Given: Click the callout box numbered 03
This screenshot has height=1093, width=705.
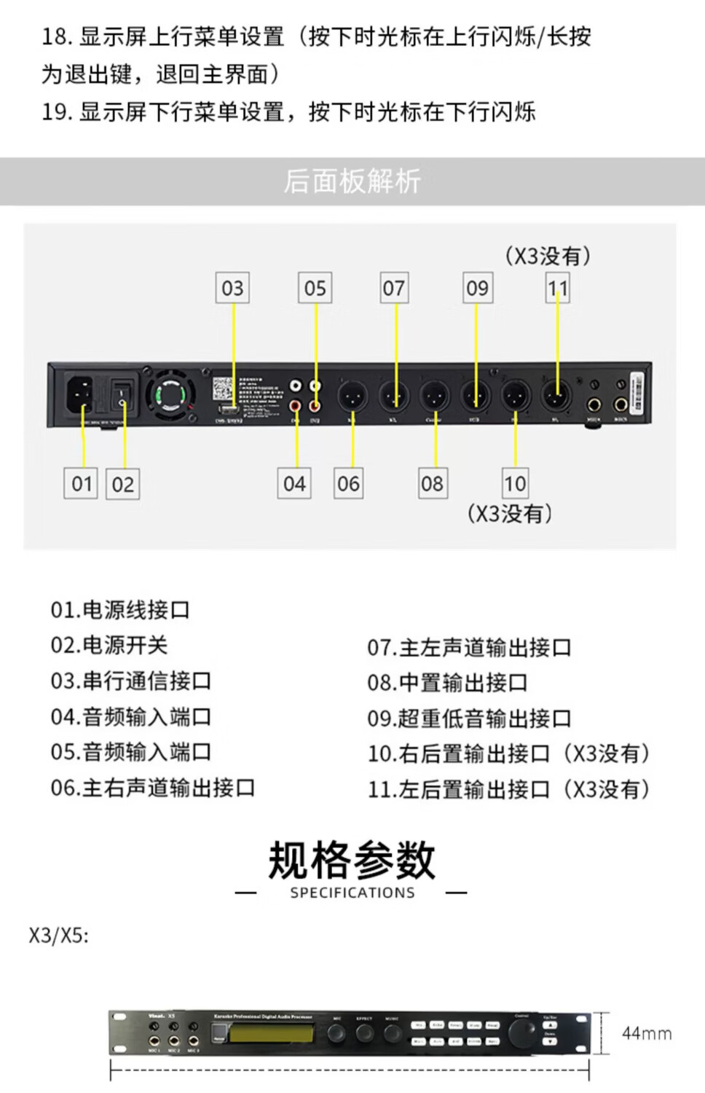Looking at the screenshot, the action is [233, 288].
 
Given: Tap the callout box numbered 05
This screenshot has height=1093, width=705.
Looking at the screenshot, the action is [315, 288].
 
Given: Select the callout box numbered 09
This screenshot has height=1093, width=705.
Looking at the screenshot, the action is [477, 288].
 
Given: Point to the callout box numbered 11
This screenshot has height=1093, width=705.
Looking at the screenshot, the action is [558, 288].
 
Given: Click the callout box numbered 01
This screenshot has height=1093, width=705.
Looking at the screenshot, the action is [82, 484].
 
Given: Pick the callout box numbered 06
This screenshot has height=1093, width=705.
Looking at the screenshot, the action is [348, 484].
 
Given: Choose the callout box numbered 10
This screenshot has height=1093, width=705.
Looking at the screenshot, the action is [515, 484].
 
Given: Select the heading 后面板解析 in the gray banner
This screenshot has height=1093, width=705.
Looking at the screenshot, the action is [352, 181].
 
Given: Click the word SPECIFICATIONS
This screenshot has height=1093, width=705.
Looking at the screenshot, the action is [352, 893].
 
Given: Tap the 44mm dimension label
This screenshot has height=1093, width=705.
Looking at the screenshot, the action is [647, 1033].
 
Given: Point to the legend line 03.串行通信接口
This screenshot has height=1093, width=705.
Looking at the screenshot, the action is [131, 681].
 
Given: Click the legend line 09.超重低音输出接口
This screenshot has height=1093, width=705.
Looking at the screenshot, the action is [469, 718].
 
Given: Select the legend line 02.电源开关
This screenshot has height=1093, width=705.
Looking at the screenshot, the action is [109, 645].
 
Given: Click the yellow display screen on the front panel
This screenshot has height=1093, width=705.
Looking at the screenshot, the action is [271, 1033].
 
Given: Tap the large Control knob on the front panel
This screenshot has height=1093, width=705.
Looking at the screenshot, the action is [522, 1033].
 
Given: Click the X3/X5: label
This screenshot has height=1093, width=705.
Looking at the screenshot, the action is [59, 936].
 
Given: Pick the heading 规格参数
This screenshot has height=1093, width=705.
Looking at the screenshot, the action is [352, 860].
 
